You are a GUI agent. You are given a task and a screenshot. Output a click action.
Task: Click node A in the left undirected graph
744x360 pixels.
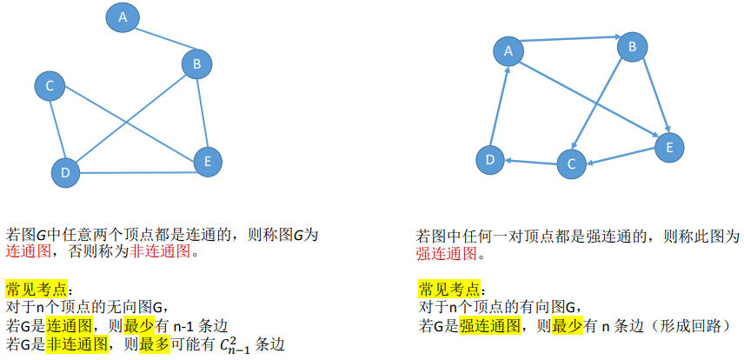123,17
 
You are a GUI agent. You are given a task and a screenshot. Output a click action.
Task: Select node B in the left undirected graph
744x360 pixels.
197,63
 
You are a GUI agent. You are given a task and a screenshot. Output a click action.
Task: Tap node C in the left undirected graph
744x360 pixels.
50,85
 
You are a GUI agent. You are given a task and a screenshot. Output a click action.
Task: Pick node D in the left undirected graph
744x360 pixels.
64,172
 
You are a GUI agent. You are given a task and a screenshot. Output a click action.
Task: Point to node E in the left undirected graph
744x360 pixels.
207,161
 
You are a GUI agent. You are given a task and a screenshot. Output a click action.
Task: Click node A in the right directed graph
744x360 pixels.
508,51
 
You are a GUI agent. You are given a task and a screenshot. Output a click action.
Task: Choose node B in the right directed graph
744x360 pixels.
633,46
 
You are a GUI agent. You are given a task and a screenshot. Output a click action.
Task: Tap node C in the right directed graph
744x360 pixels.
571,163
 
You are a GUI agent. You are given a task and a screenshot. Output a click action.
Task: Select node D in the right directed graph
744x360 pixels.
490,159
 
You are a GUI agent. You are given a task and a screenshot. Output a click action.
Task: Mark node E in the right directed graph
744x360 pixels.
669,147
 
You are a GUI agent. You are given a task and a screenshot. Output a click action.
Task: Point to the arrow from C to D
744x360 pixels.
531,161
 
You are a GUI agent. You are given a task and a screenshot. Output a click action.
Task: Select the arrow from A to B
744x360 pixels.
570,42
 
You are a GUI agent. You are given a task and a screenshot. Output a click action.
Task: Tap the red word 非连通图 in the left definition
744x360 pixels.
160,252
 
